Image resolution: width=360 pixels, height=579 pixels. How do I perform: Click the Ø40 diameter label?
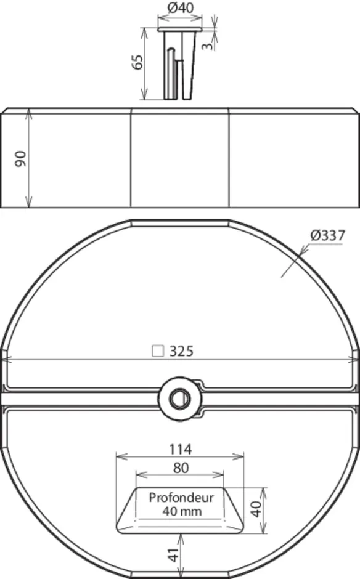[180, 7]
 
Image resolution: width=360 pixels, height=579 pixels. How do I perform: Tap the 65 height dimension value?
[137, 62]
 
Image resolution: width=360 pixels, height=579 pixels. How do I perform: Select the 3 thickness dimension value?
[208, 46]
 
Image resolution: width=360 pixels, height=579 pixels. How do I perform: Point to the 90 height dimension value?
[21, 159]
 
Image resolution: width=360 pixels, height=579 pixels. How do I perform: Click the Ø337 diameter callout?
[327, 235]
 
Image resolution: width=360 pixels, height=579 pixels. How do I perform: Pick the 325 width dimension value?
[181, 351]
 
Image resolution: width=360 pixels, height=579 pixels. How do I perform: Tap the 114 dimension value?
[181, 449]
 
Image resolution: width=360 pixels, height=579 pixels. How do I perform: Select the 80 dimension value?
[181, 468]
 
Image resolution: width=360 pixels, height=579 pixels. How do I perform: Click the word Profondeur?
[181, 498]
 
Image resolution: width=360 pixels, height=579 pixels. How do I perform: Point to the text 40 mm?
[182, 511]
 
